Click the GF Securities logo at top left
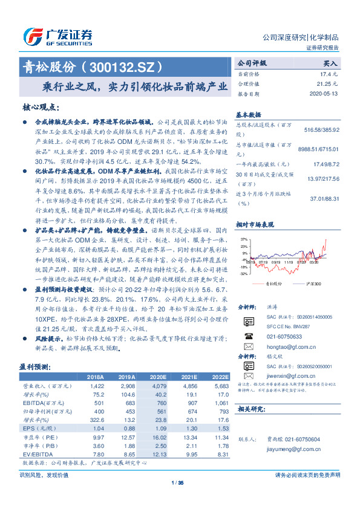(58, 37)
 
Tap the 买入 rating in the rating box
(330, 62)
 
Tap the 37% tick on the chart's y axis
(243, 239)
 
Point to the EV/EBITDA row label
(36, 453)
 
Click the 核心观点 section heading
(42, 108)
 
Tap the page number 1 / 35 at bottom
(177, 483)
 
